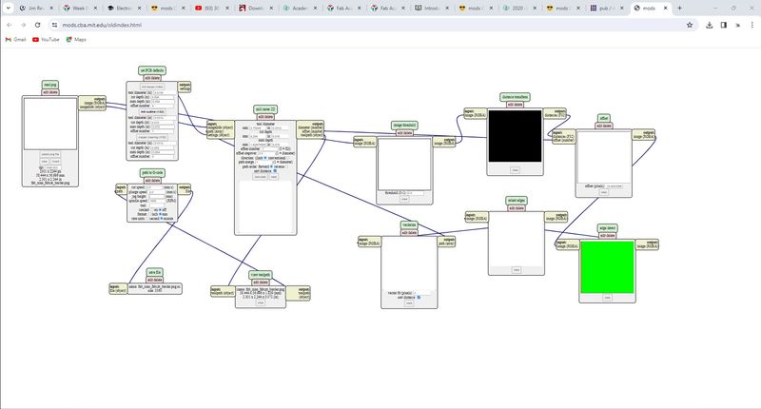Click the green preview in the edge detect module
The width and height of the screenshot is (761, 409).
[x=607, y=266]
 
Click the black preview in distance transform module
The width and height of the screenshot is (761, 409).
[x=514, y=136]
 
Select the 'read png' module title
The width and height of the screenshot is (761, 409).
[x=51, y=85]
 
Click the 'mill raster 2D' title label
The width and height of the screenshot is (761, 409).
[x=267, y=109]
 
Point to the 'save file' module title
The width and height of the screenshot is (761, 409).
[x=154, y=271]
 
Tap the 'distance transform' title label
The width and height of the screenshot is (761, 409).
[x=514, y=97]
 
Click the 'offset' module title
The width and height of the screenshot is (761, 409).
[x=603, y=117]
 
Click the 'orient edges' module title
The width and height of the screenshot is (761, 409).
[x=515, y=201]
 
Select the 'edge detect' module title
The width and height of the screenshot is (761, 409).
[x=606, y=228]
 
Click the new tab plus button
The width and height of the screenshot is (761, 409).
[x=679, y=8]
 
